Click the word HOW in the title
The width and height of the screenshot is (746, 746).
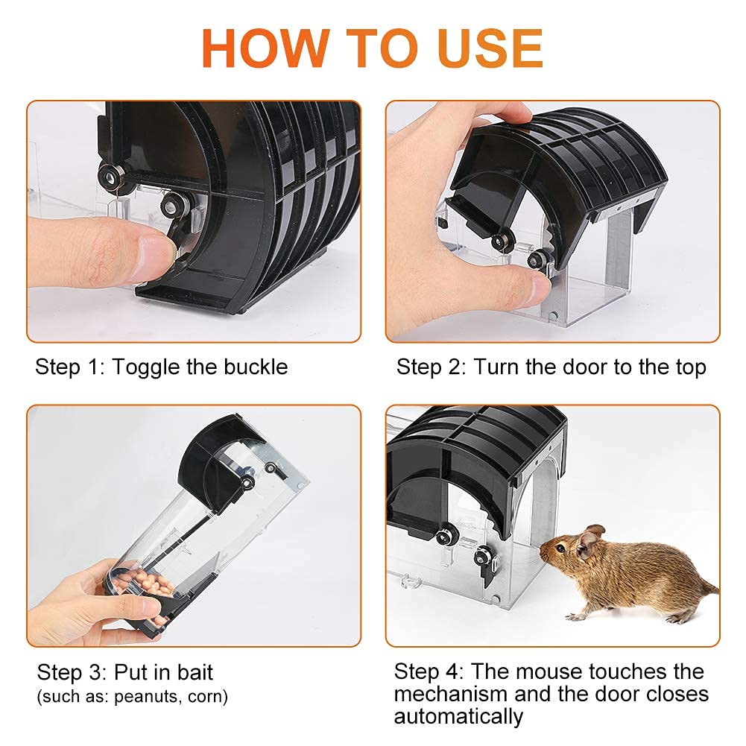tap(266, 48)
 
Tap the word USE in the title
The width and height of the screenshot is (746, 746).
tap(490, 48)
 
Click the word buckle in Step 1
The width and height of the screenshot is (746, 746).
tap(256, 367)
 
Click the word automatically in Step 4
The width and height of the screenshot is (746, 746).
tap(458, 717)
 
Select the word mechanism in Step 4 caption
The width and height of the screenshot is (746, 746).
tap(451, 694)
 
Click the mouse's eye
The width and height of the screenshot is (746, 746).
tap(562, 548)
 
